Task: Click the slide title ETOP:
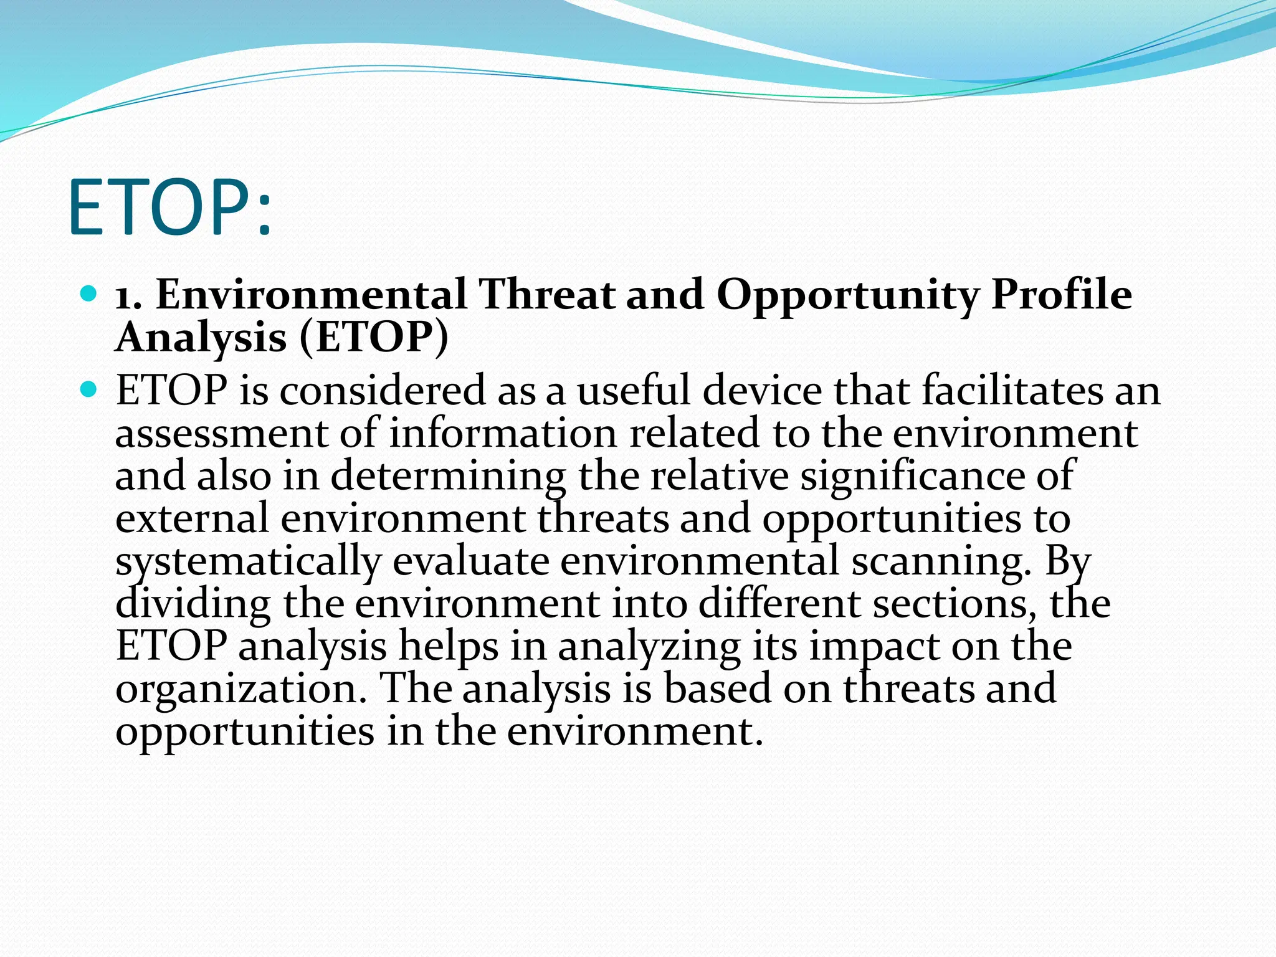point(169,208)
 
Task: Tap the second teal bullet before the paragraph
point(90,390)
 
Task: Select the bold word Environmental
point(311,294)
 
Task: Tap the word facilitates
point(1011,391)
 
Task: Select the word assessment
point(221,434)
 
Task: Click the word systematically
point(247,563)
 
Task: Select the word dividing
point(193,604)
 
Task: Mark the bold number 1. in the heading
point(129,295)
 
